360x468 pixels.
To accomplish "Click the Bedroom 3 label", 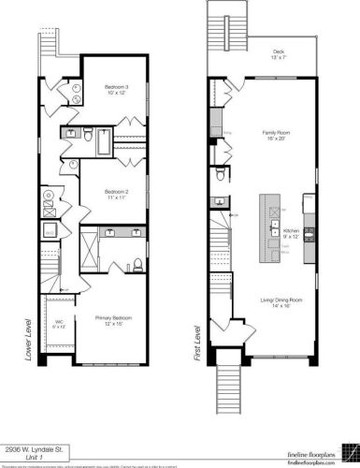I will click(117, 90).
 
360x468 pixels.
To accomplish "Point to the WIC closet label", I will click(58, 325).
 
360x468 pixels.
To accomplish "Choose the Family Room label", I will click(278, 137).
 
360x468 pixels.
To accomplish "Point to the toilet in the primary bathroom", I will click(137, 261).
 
